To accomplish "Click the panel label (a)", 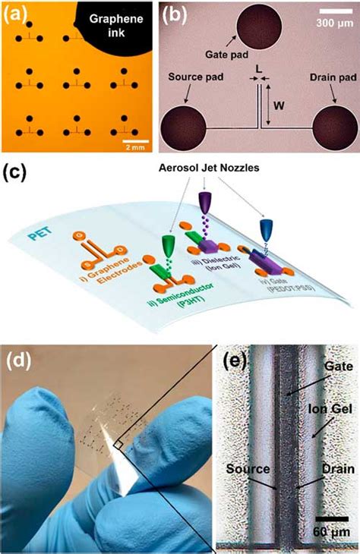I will (x=17, y=13).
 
